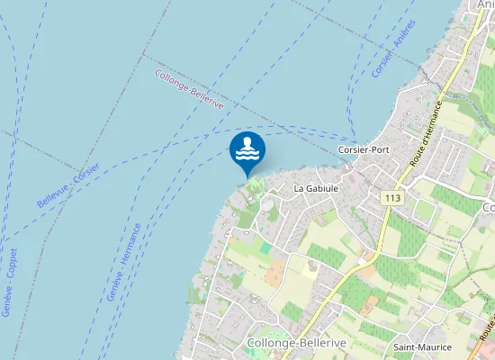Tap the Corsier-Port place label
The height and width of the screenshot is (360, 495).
(x=363, y=149)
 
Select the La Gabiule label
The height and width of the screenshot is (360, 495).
(x=316, y=189)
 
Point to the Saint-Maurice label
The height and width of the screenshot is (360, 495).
(x=421, y=346)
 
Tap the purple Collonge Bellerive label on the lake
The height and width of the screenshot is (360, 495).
(x=189, y=90)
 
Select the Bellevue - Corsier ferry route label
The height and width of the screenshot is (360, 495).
(x=68, y=186)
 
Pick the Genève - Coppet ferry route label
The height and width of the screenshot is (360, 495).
(x=10, y=282)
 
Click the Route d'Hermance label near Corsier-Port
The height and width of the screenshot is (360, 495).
(x=427, y=131)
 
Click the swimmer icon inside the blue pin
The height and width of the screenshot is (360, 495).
(x=247, y=148)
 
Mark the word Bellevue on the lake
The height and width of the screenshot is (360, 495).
(x=51, y=198)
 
